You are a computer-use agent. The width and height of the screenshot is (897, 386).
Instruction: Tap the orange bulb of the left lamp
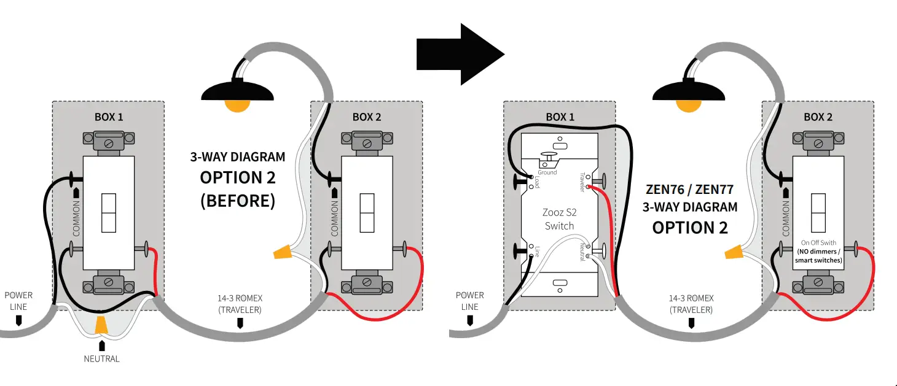pos(237,104)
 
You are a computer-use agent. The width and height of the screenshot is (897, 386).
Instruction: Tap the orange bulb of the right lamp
pos(688,104)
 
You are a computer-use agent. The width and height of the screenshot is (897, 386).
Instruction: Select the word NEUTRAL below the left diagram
pos(102,358)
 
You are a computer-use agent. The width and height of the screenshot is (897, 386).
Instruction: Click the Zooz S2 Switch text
pos(559,219)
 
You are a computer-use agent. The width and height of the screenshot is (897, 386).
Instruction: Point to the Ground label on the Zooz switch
pos(547,172)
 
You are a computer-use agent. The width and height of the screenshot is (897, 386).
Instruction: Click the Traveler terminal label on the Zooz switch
pos(582,182)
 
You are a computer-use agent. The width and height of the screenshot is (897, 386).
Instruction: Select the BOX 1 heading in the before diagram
pos(108,117)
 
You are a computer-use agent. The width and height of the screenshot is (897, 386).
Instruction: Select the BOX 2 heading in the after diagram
pos(818,117)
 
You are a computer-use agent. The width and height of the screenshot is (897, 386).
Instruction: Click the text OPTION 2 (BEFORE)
pos(238,189)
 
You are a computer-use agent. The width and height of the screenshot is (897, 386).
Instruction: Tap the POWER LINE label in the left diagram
pos(18,301)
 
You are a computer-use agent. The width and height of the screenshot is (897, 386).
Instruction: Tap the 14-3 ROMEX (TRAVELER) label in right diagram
pos(691,304)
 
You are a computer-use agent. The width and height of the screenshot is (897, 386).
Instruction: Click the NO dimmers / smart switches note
pos(818,256)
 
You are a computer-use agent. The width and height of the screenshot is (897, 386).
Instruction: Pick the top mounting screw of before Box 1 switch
pos(108,143)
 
